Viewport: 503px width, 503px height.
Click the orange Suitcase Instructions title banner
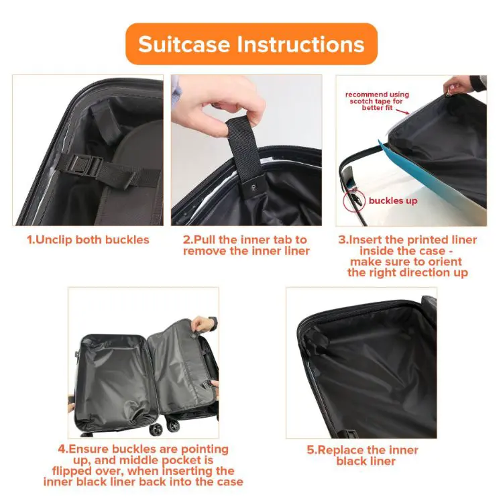click(x=251, y=44)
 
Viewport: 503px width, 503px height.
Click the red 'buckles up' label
click(x=393, y=201)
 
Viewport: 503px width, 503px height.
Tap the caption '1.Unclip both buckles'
click(x=88, y=240)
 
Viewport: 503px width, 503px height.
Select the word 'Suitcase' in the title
click(x=182, y=44)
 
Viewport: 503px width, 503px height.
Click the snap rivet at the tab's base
click(x=252, y=190)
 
